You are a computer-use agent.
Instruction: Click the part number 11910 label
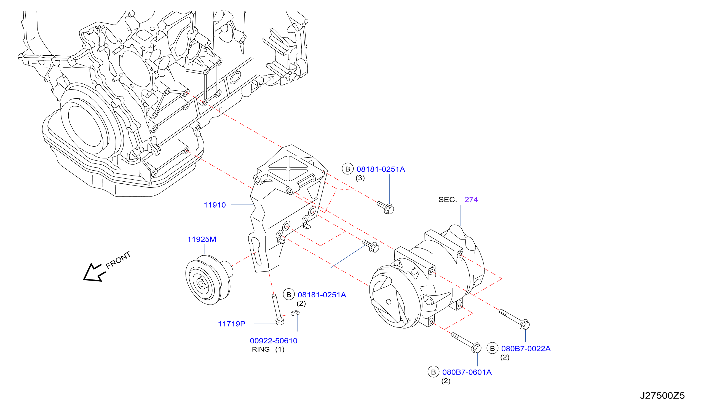215,205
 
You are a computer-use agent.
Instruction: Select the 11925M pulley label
202,239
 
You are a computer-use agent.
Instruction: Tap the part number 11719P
232,324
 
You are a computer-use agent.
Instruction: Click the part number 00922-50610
274,341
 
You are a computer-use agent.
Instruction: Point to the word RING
261,349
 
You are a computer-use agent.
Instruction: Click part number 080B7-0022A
526,349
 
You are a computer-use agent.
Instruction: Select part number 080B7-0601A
467,372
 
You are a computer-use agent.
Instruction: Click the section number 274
471,200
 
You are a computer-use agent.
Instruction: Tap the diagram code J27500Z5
663,395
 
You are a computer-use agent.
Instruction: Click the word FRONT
118,260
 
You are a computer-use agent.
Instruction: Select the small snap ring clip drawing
295,313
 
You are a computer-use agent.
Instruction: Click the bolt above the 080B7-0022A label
515,319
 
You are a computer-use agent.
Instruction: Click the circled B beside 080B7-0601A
433,372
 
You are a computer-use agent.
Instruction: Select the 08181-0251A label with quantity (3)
381,169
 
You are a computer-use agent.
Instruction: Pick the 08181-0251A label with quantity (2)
322,295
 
